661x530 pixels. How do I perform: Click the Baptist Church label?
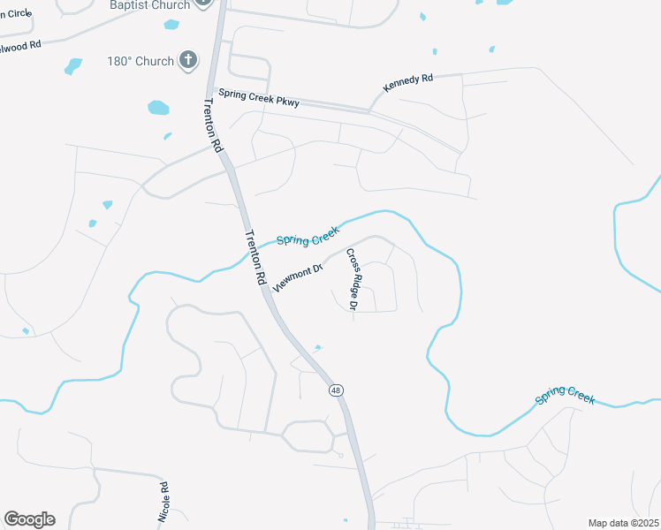[x=149, y=5]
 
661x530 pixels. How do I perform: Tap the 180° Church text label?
[x=141, y=61]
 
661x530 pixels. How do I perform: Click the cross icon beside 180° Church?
[x=187, y=60]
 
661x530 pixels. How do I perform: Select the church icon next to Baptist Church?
[x=204, y=4]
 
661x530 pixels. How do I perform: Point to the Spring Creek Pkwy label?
[x=259, y=97]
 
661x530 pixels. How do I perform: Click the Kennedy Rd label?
[x=407, y=84]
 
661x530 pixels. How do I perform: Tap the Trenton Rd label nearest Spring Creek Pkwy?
[x=210, y=125]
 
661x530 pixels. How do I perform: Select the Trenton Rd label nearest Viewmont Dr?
[x=255, y=257]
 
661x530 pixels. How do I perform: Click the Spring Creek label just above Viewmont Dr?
[x=308, y=234]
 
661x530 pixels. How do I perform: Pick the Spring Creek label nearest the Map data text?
[x=565, y=397]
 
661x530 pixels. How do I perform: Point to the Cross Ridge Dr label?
[x=351, y=279]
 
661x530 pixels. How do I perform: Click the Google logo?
[x=29, y=519]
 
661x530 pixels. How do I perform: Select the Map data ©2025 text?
[x=623, y=523]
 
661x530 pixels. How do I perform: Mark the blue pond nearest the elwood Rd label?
[x=73, y=65]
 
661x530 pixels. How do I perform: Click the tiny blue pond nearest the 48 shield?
[x=318, y=346]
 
